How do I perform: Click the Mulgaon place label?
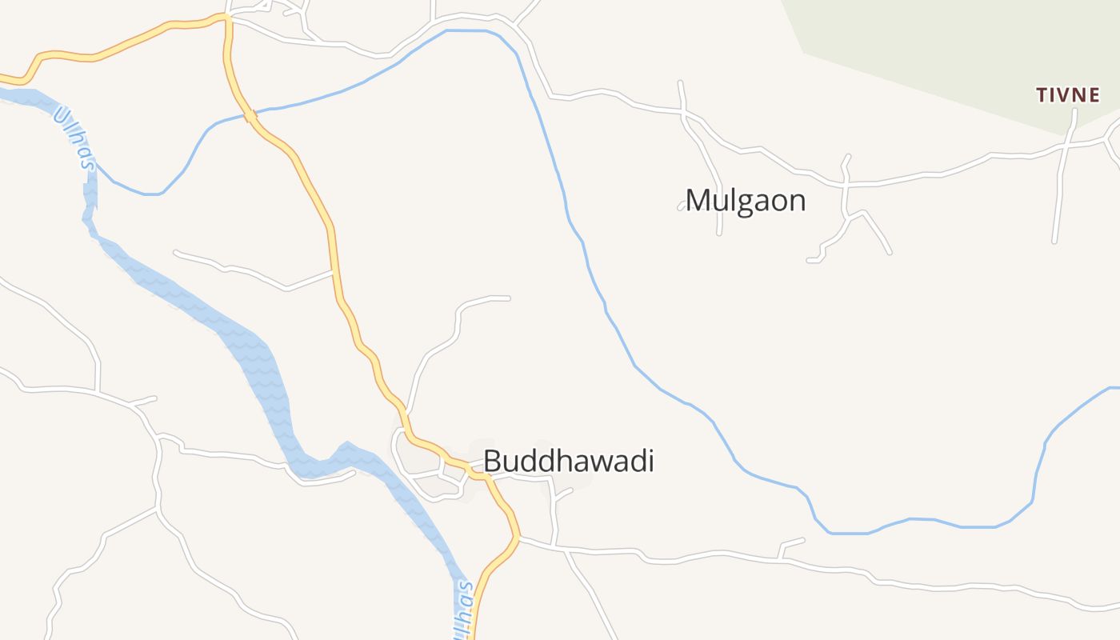[x=745, y=200]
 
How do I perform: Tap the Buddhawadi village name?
[x=568, y=462]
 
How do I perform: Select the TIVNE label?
[x=1068, y=95]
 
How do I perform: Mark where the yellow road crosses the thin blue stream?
[x=250, y=117]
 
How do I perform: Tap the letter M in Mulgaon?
[x=699, y=200]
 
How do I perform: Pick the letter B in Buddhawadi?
[x=492, y=462]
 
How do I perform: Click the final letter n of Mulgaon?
[x=797, y=202]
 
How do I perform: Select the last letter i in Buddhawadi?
[x=650, y=462]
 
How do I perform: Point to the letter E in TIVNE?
[x=1094, y=95]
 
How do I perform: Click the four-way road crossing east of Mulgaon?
[x=845, y=185]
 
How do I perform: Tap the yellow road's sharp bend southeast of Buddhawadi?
[x=518, y=537]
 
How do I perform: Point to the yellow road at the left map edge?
[x=4, y=78]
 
